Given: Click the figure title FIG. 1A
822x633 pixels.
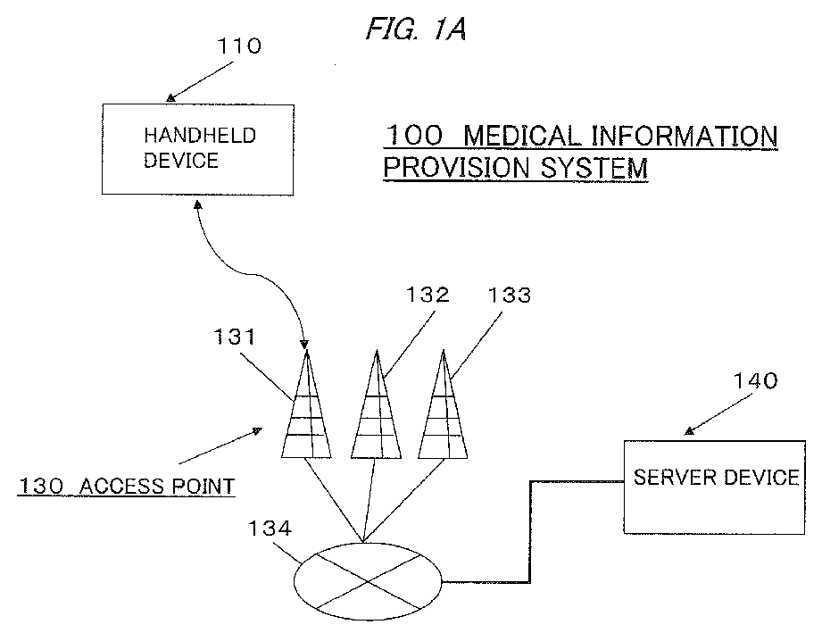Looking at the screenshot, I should [x=416, y=29].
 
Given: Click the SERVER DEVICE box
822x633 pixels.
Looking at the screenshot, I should [x=716, y=486].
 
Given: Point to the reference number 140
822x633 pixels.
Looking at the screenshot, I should [x=755, y=380].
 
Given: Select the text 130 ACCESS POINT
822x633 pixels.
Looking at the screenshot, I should [x=127, y=487].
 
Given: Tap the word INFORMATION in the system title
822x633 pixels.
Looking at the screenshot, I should [x=684, y=137].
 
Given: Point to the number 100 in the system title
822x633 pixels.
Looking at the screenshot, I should [x=413, y=137].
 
